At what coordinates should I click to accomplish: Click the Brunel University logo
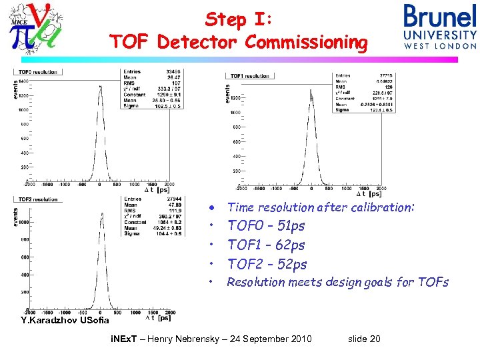click(440, 27)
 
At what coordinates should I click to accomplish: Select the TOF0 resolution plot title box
click(37, 71)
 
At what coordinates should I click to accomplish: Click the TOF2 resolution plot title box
click(37, 199)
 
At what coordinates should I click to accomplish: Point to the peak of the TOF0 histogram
click(101, 81)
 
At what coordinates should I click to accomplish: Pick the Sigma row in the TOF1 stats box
click(365, 110)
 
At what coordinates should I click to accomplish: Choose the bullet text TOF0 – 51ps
click(266, 226)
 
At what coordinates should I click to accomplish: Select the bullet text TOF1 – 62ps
click(266, 245)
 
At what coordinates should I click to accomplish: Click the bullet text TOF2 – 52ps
click(267, 264)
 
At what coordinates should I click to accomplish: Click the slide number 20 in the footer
click(373, 339)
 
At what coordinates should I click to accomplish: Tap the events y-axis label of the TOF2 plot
click(16, 218)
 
